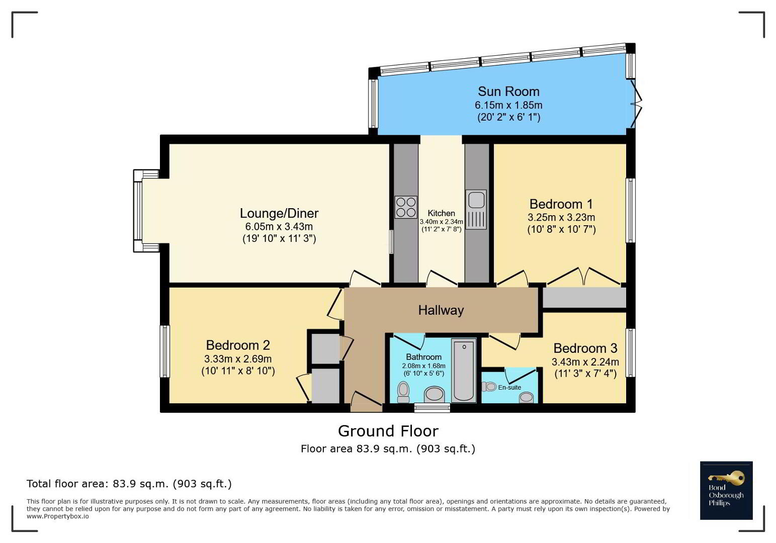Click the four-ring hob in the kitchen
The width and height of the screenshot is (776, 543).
click(406, 207)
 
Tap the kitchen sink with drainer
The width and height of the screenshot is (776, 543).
click(476, 209)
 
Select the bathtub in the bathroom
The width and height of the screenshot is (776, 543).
click(464, 371)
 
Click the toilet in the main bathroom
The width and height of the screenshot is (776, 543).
click(403, 392)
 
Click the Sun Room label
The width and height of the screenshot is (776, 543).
click(508, 92)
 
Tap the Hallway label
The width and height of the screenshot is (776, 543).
click(441, 310)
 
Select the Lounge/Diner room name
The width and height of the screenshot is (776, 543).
click(279, 213)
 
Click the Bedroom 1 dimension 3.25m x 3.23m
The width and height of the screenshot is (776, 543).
click(561, 218)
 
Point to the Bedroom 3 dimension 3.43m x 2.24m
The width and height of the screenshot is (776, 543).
click(585, 362)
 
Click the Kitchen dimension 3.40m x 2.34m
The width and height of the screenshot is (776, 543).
click(442, 222)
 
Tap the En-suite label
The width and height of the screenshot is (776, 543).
click(509, 387)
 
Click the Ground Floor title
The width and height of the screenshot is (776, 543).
click(388, 431)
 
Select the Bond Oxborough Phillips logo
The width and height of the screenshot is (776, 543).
click(726, 490)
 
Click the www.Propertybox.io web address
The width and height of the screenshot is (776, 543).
click(58, 516)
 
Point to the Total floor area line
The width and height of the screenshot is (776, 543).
click(129, 484)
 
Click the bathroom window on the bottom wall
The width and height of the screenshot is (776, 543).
click(432, 408)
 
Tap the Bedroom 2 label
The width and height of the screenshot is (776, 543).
click(238, 345)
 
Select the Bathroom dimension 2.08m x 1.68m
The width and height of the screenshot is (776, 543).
click(423, 366)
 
